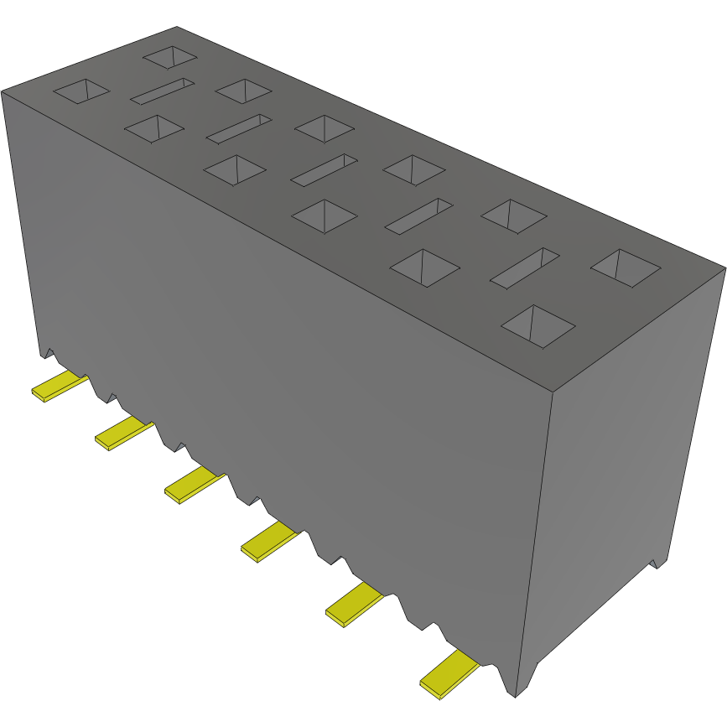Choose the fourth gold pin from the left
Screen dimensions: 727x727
[x=269, y=541]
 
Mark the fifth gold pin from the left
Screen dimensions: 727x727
[x=353, y=605]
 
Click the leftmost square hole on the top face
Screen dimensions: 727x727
[x=81, y=91]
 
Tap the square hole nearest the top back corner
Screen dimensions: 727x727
[x=170, y=57]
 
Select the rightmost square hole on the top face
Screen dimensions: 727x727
[x=626, y=267]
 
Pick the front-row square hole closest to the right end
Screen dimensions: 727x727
[x=537, y=326]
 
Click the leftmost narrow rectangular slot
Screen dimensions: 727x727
[x=162, y=91]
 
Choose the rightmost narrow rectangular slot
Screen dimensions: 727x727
[x=525, y=269]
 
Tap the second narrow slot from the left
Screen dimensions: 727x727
[x=240, y=128]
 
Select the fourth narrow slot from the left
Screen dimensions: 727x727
[x=419, y=216]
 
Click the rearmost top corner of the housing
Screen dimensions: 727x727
[x=177, y=27]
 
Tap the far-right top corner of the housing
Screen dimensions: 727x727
[x=724, y=268]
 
